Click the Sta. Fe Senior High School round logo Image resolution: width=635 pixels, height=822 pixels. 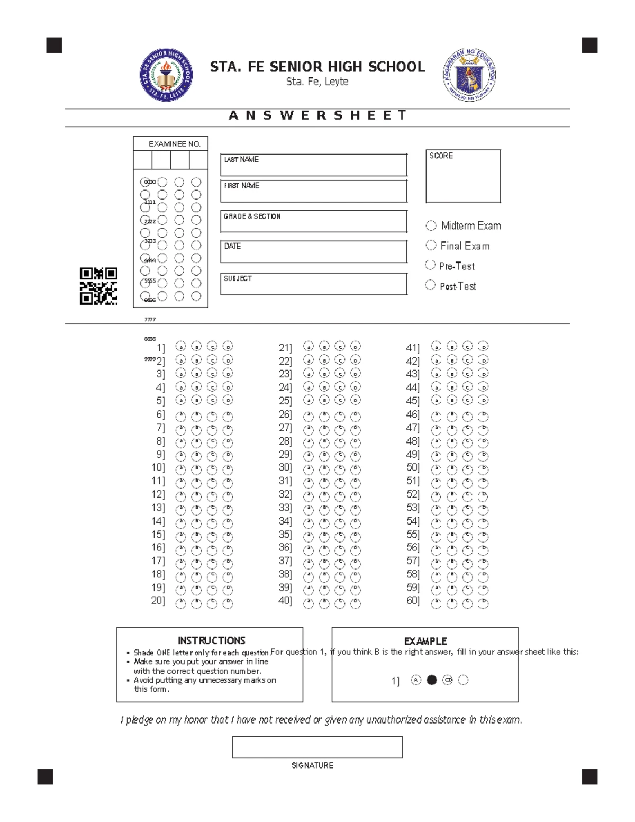pyautogui.click(x=166, y=75)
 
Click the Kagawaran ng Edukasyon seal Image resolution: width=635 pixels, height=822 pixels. pyautogui.click(x=469, y=75)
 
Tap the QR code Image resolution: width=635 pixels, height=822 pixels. pyautogui.click(x=98, y=286)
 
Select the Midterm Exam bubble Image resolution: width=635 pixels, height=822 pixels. pyautogui.click(x=431, y=225)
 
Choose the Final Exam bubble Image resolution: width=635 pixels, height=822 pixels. pyautogui.click(x=431, y=246)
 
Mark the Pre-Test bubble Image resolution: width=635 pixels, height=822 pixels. pyautogui.click(x=430, y=265)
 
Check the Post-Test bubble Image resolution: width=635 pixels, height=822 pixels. pyautogui.click(x=430, y=285)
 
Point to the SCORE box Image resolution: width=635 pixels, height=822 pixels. pyautogui.click(x=463, y=176)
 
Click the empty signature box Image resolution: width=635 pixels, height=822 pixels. pyautogui.click(x=317, y=747)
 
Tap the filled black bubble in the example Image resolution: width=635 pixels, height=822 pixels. pyautogui.click(x=432, y=680)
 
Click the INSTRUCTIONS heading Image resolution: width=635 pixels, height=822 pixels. pyautogui.click(x=211, y=640)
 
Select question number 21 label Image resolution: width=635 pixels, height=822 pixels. pyautogui.click(x=285, y=348)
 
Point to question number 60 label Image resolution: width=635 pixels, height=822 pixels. pyautogui.click(x=412, y=600)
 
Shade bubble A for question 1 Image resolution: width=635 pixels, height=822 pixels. pyautogui.click(x=180, y=347)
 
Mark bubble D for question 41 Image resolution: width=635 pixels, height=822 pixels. pyautogui.click(x=483, y=347)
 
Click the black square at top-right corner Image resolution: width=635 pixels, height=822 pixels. pyautogui.click(x=589, y=46)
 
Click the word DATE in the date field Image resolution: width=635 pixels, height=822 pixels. pyautogui.click(x=232, y=247)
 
